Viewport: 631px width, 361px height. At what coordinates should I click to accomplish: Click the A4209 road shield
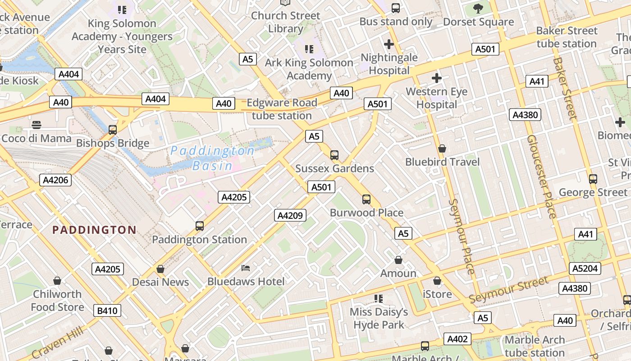coord(290,215)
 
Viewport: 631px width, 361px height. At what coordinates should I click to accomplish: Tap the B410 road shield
coord(107,310)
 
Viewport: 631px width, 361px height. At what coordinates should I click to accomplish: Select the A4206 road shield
coord(55,180)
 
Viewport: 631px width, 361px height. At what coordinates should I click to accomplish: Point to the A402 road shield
coord(457,339)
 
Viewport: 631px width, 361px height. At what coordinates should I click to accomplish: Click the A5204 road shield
coord(585,268)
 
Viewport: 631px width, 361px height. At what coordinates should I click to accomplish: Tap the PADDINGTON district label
coord(94,230)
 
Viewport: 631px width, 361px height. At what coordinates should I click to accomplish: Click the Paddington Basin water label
coord(212,158)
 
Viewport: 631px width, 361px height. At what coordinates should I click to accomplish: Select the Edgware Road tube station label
coord(282,109)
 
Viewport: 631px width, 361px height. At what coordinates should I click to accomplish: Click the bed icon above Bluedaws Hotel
coord(246,268)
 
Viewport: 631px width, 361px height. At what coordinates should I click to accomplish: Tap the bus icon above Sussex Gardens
coord(334,155)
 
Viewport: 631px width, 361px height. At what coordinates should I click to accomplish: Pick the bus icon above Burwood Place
coord(366,199)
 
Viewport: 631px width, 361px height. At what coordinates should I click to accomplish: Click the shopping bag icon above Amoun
coord(398,260)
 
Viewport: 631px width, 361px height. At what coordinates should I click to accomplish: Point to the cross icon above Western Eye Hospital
coord(436,78)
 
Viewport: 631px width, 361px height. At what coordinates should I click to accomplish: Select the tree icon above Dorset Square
coord(478,8)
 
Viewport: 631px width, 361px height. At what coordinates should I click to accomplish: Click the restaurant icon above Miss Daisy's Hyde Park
coord(379,299)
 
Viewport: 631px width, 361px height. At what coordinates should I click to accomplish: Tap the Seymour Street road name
coord(509,290)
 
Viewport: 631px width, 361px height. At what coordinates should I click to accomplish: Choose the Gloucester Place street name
coord(541,176)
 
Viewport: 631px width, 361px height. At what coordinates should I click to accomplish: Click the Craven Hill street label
coord(58,342)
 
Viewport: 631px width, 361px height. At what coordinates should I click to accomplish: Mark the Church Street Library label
coord(285,22)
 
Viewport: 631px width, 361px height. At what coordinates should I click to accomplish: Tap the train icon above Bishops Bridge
coord(113,130)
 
